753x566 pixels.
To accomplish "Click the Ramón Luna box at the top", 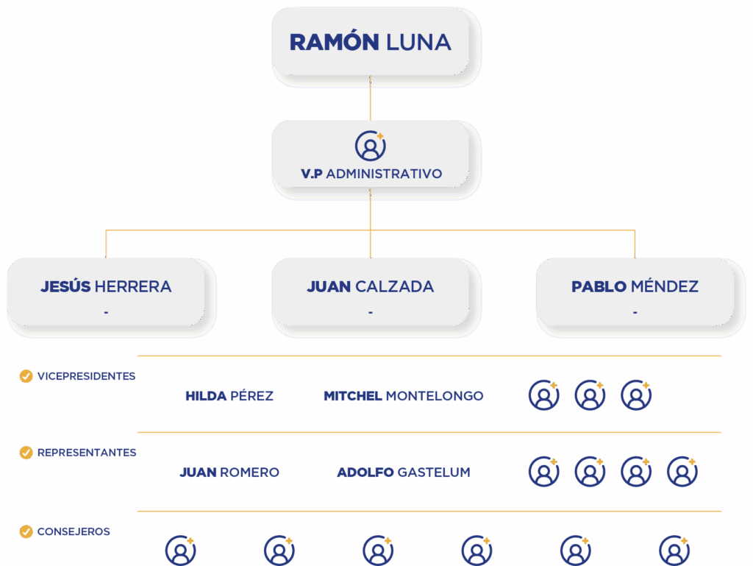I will coord(370,43).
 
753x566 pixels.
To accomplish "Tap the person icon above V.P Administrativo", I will coord(370,146).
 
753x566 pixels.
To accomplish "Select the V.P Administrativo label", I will coord(371,174).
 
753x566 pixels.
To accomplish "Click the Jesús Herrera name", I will coord(106,286).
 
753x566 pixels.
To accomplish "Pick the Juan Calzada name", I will coord(370,286).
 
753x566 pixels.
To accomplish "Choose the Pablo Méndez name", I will coord(635,286).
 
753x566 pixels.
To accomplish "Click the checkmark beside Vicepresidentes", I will coord(26,376).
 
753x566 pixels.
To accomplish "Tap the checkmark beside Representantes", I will coord(26,453).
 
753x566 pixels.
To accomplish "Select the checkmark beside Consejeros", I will coord(26,531).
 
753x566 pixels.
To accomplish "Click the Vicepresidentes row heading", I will coord(86,376).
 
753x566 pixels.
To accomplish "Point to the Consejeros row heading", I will coord(74,531).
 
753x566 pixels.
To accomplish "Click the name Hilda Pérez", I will coord(229,396).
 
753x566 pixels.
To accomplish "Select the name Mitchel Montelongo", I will coord(403,396).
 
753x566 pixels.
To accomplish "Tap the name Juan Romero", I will coord(229,473).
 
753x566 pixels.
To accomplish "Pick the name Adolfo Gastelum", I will coord(403,473).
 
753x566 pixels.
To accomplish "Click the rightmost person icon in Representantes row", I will coord(682,472).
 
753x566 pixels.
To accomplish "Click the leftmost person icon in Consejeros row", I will coord(180,551).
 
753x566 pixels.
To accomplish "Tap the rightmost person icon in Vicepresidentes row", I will coord(635,395).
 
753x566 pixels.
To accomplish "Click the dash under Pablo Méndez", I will coord(635,312).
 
